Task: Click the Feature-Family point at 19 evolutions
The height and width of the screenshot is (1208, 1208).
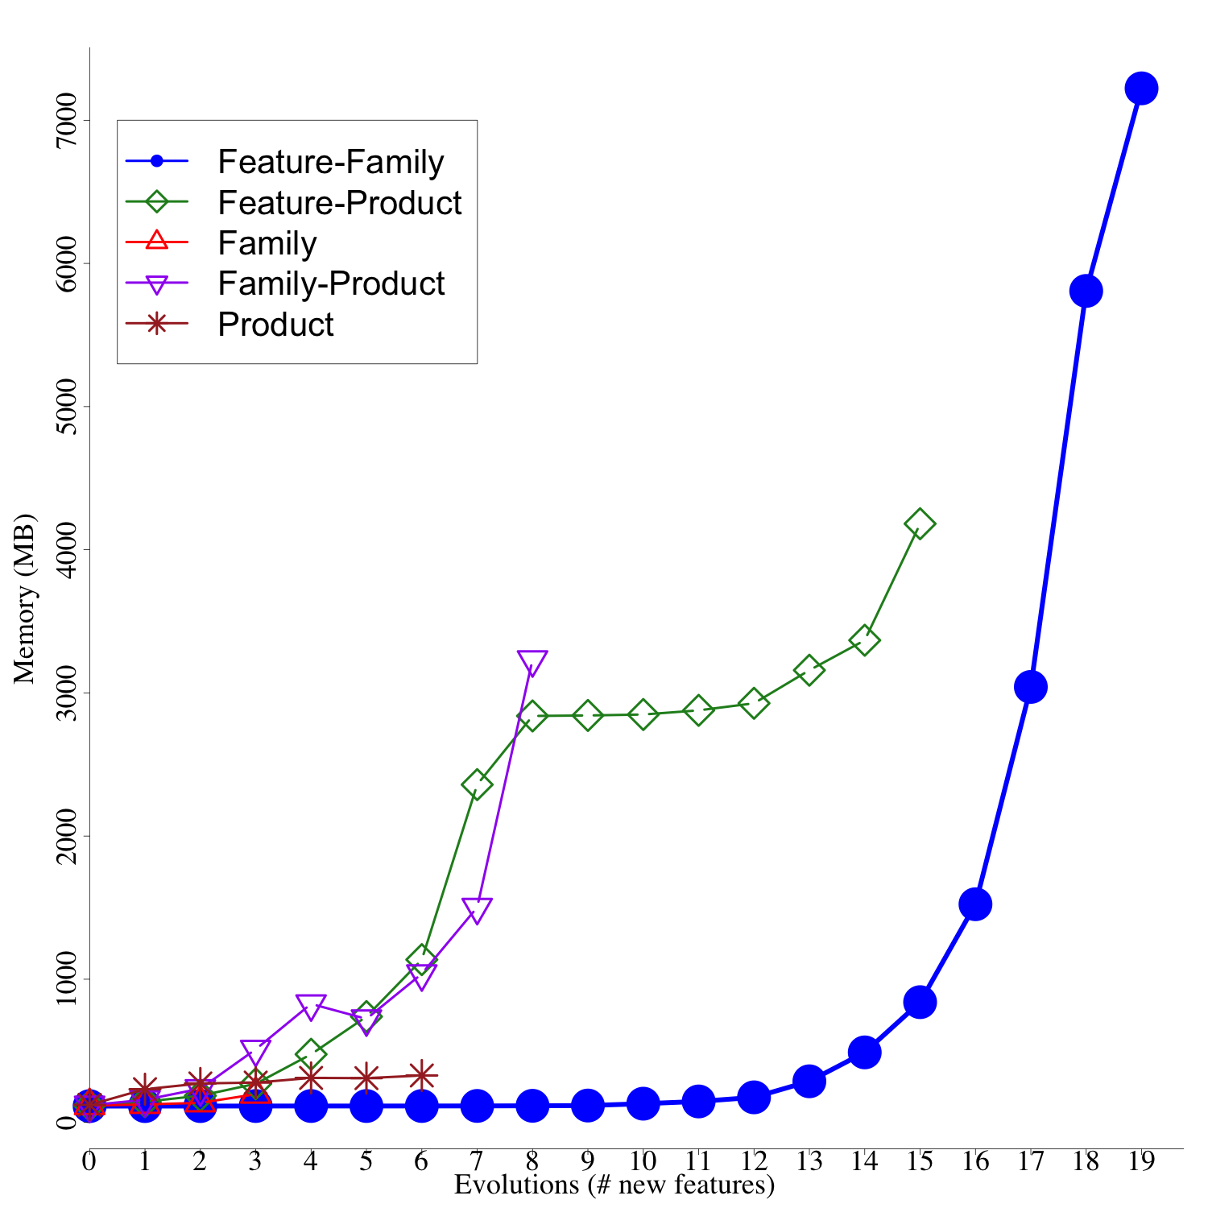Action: [x=1141, y=89]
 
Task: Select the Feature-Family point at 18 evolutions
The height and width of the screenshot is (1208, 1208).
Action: [x=1086, y=291]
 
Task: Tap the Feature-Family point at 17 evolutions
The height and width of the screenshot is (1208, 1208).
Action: [x=1030, y=687]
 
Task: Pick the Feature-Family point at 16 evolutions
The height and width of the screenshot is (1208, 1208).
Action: [x=974, y=904]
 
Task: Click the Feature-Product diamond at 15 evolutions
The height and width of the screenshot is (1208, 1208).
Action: [x=919, y=524]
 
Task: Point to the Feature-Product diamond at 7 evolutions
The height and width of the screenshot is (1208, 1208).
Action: [x=477, y=784]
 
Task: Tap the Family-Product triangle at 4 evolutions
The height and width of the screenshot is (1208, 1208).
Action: [x=311, y=1006]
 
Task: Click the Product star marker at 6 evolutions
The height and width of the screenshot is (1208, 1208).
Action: [x=421, y=1074]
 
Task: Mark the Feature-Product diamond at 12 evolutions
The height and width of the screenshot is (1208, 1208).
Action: [x=753, y=703]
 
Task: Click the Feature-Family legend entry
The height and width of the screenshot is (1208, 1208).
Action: [x=330, y=163]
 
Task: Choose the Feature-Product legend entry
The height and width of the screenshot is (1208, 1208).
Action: [x=339, y=203]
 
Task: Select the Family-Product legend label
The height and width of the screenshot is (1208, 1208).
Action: [x=331, y=283]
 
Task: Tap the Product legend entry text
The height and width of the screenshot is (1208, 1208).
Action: [x=275, y=325]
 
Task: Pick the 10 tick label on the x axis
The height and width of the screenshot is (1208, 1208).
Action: [x=643, y=1161]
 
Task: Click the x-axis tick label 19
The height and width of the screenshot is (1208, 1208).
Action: [x=1141, y=1161]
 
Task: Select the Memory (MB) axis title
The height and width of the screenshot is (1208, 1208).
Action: [x=25, y=598]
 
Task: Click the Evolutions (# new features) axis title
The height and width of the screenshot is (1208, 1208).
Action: [x=614, y=1185]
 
